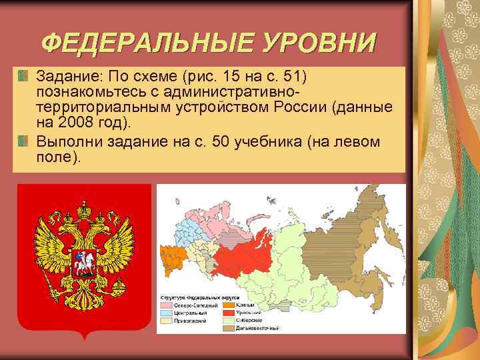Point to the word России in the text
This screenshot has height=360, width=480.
[x=306, y=107]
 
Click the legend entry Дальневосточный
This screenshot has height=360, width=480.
[x=261, y=328]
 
